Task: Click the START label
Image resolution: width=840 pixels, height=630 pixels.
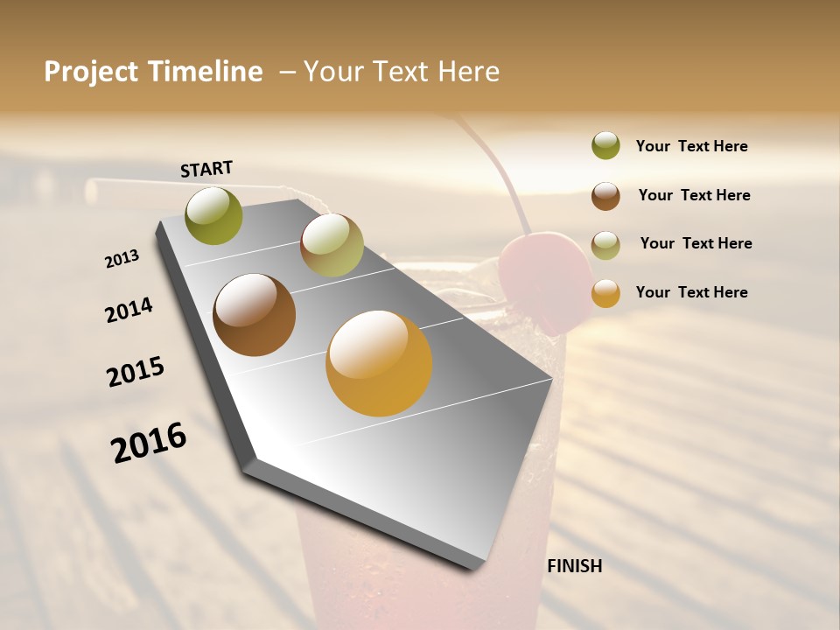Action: [x=206, y=169]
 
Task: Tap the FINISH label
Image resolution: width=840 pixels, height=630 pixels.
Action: [x=574, y=566]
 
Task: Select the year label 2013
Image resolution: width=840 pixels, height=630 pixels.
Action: [x=122, y=259]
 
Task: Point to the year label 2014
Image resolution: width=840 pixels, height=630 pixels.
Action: [x=129, y=311]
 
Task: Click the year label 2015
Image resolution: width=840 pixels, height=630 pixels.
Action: [x=136, y=372]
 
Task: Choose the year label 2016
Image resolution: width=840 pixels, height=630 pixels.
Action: [x=149, y=443]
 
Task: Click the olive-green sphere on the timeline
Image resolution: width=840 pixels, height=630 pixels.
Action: [x=214, y=216]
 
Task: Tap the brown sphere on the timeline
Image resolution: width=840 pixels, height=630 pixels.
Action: [x=255, y=315]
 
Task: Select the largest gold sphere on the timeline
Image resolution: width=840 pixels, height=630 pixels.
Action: [x=379, y=363]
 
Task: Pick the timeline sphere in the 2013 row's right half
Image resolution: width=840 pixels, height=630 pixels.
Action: [x=332, y=245]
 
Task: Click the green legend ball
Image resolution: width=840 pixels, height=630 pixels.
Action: [x=605, y=146]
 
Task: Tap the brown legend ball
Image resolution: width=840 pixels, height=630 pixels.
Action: [x=605, y=196]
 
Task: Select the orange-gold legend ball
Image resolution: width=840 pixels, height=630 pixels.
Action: [x=605, y=293]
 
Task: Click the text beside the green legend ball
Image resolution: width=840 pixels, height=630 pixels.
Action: [x=691, y=146]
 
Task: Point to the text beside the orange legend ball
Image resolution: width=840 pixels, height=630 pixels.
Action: [x=691, y=292]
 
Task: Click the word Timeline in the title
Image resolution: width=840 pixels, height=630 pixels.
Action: [x=206, y=72]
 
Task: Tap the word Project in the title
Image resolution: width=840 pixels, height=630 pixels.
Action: [x=91, y=72]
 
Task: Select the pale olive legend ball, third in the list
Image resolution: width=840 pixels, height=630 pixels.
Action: [x=605, y=245]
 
